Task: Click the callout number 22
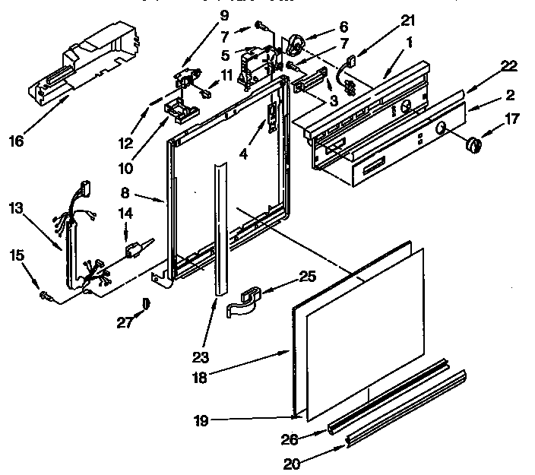508,66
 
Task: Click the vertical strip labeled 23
220,228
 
